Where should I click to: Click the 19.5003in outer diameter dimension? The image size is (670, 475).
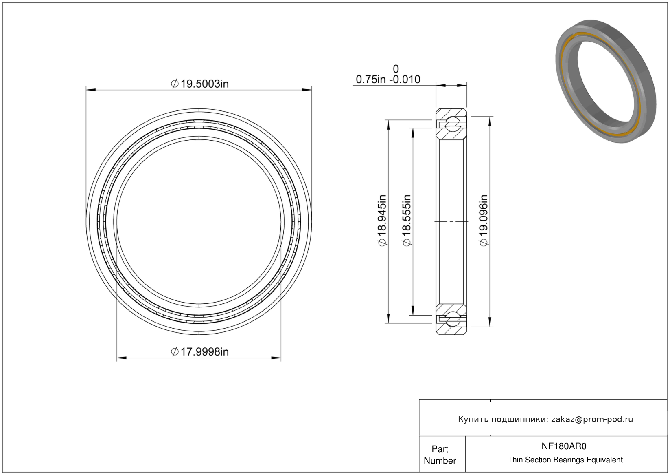[200, 84]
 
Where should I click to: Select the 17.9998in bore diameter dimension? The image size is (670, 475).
[200, 351]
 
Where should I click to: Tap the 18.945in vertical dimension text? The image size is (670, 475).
[382, 221]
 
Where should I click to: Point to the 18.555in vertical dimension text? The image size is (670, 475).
[407, 221]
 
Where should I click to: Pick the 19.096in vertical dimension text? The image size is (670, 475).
[484, 221]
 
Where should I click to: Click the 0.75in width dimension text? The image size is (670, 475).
[371, 80]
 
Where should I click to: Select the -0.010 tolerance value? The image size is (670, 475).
[405, 80]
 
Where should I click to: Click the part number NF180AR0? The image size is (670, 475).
[564, 446]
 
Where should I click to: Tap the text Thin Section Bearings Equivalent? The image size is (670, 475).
[565, 460]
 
